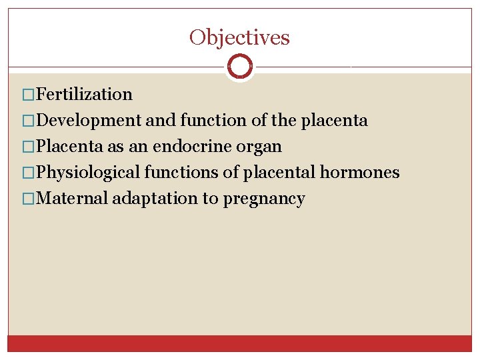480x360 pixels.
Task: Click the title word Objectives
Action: click(x=239, y=37)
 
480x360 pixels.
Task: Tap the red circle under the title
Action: click(x=239, y=67)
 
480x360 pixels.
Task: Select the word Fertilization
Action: click(x=85, y=95)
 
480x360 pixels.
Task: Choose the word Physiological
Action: click(x=88, y=173)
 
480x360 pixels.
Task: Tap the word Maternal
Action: click(x=73, y=199)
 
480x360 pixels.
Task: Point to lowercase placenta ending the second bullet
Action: click(x=334, y=121)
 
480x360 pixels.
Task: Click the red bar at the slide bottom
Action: click(x=239, y=343)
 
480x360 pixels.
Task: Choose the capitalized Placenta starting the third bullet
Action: click(x=69, y=147)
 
